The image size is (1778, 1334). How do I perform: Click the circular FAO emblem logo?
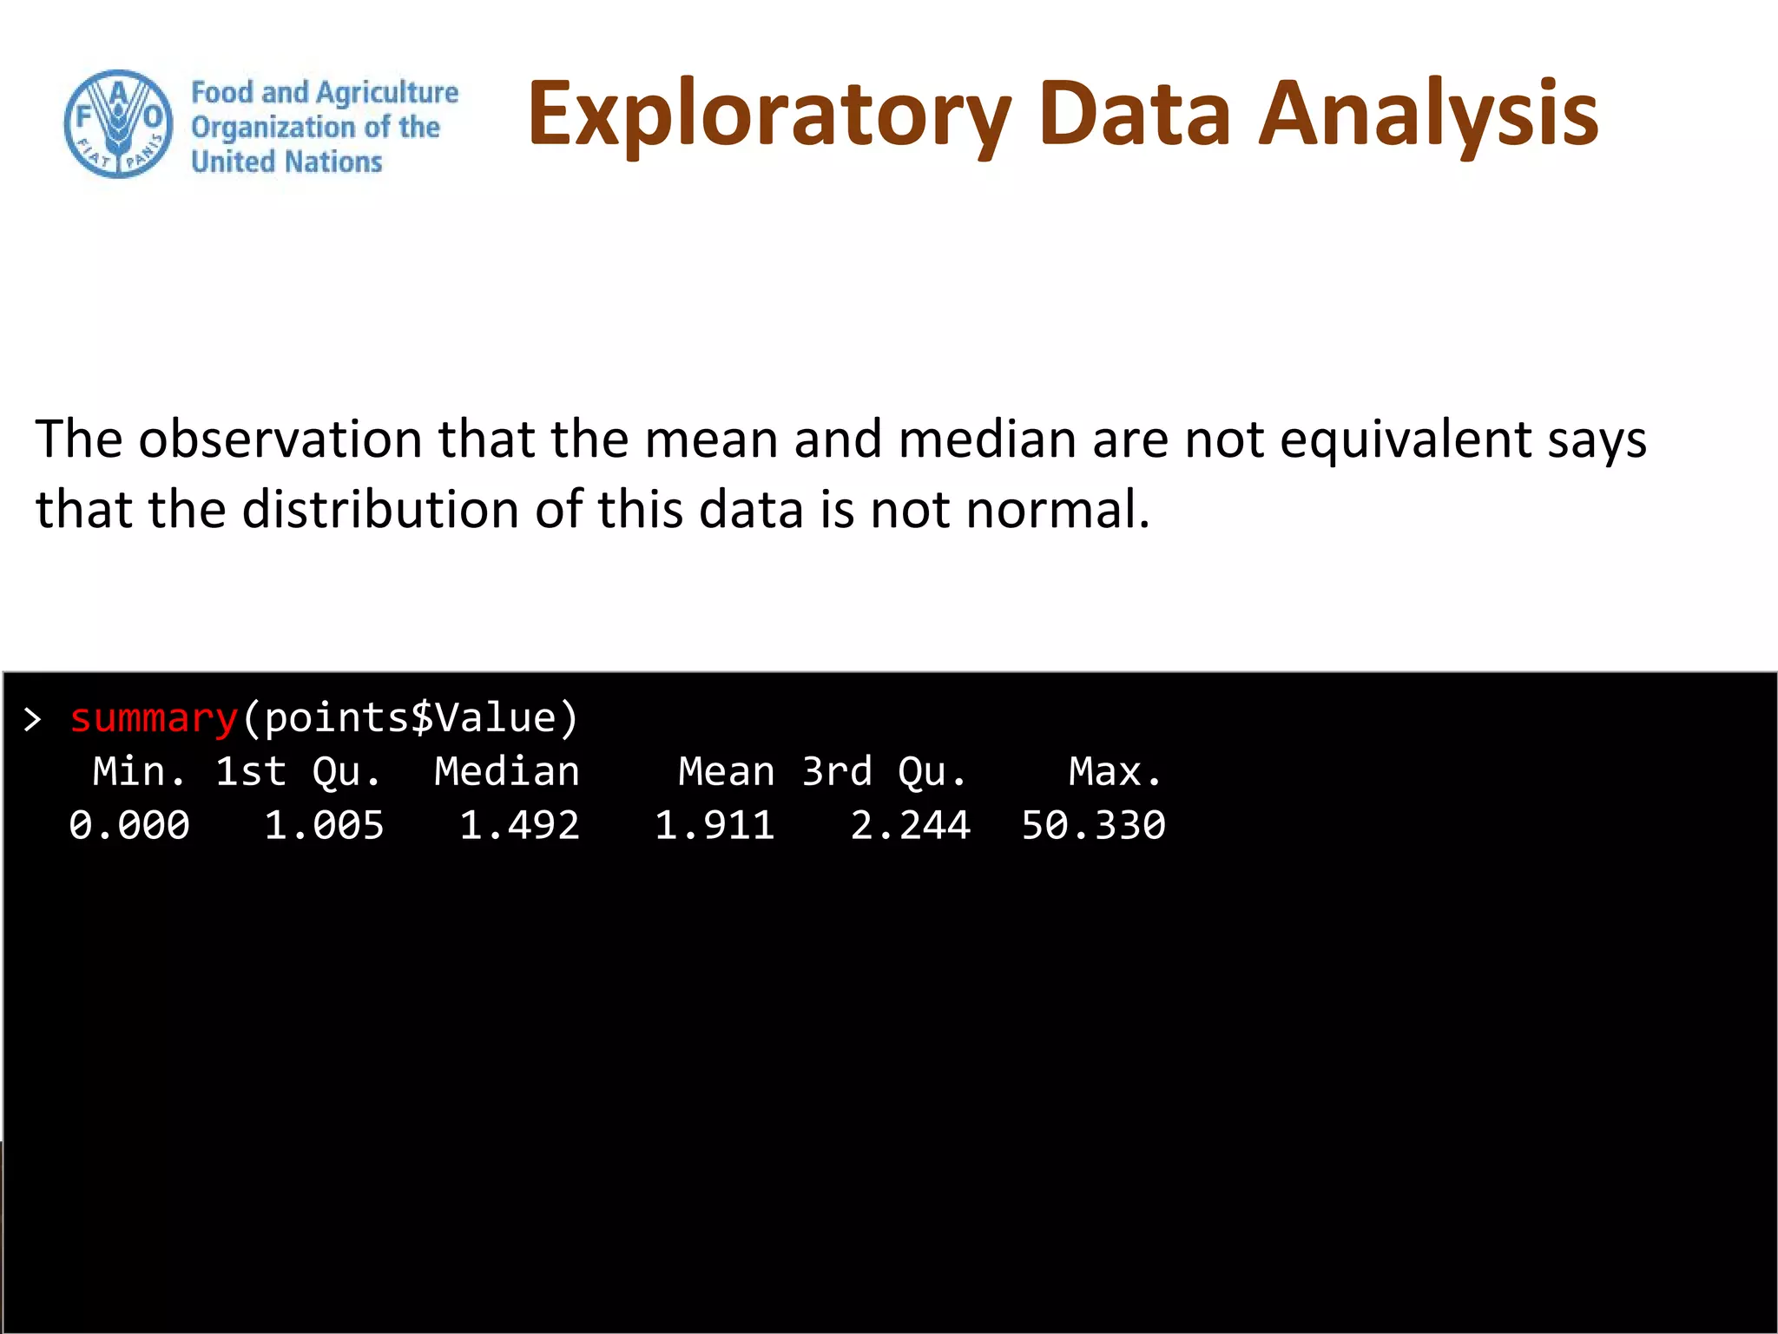point(118,124)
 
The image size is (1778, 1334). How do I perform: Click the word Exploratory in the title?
point(769,115)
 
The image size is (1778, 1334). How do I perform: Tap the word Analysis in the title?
point(1428,115)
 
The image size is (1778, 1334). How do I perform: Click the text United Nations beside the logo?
point(286,162)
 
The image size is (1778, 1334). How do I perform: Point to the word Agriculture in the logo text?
point(387,92)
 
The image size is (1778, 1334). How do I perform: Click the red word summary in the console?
point(154,718)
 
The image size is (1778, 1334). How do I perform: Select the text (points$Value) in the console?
point(410,718)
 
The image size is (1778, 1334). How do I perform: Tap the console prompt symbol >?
point(33,719)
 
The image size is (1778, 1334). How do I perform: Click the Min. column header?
point(139,771)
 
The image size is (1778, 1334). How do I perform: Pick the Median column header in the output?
point(507,771)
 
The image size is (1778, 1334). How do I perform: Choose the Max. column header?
point(1115,771)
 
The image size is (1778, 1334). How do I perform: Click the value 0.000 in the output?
point(129,825)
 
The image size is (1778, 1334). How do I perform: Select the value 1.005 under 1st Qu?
point(324,825)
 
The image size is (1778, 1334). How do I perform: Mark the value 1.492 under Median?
point(519,825)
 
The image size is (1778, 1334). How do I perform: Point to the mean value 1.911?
point(714,825)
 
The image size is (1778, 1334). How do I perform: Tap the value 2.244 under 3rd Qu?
point(910,825)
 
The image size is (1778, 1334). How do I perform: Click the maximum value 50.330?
point(1093,825)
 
